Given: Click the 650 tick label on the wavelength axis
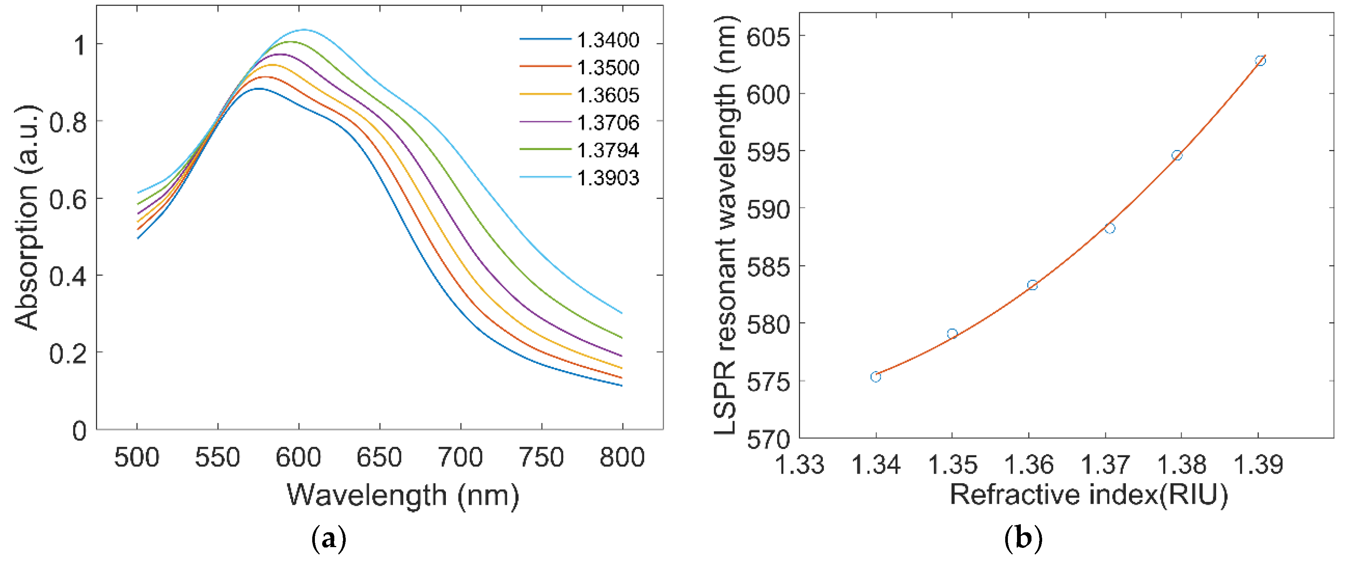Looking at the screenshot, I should [x=379, y=458].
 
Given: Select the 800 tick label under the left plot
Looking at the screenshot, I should [x=622, y=458].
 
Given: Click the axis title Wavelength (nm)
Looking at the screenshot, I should [x=403, y=495].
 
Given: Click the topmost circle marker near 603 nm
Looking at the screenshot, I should [x=1260, y=61].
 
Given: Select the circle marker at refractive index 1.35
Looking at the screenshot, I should [x=952, y=334].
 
